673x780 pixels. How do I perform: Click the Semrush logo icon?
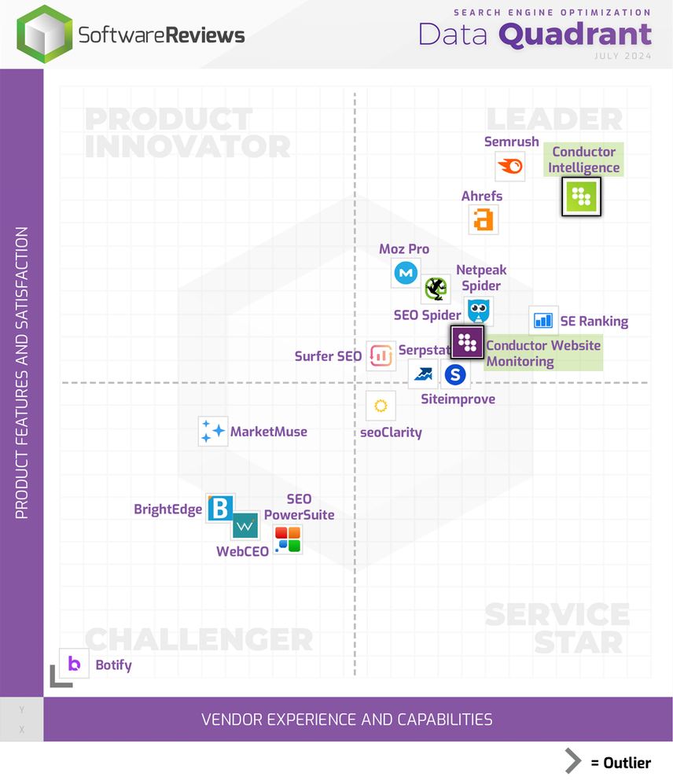tap(510, 167)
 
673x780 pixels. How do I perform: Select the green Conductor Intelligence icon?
tap(582, 197)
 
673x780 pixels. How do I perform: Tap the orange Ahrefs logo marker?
tap(484, 220)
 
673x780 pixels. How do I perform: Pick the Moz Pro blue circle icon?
tap(406, 273)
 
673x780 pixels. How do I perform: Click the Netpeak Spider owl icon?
tap(479, 311)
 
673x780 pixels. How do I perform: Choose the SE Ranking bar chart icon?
tap(543, 321)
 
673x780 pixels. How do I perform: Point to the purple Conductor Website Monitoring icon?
tap(467, 343)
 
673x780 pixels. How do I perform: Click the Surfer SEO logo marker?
tap(381, 356)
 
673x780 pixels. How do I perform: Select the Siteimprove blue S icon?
tap(455, 375)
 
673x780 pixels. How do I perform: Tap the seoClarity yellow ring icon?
tap(381, 406)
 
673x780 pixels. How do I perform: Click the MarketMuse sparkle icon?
tap(212, 432)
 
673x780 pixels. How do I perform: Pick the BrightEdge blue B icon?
tap(220, 509)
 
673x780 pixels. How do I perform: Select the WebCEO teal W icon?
tap(245, 524)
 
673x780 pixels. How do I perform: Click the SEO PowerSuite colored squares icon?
tap(287, 539)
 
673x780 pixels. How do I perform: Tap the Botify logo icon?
tap(75, 664)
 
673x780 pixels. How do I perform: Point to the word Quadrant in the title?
tap(575, 35)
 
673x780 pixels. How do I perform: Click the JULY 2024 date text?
tap(623, 56)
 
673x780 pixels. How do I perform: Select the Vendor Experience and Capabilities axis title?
tap(347, 719)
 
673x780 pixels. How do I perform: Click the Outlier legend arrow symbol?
tap(574, 761)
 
